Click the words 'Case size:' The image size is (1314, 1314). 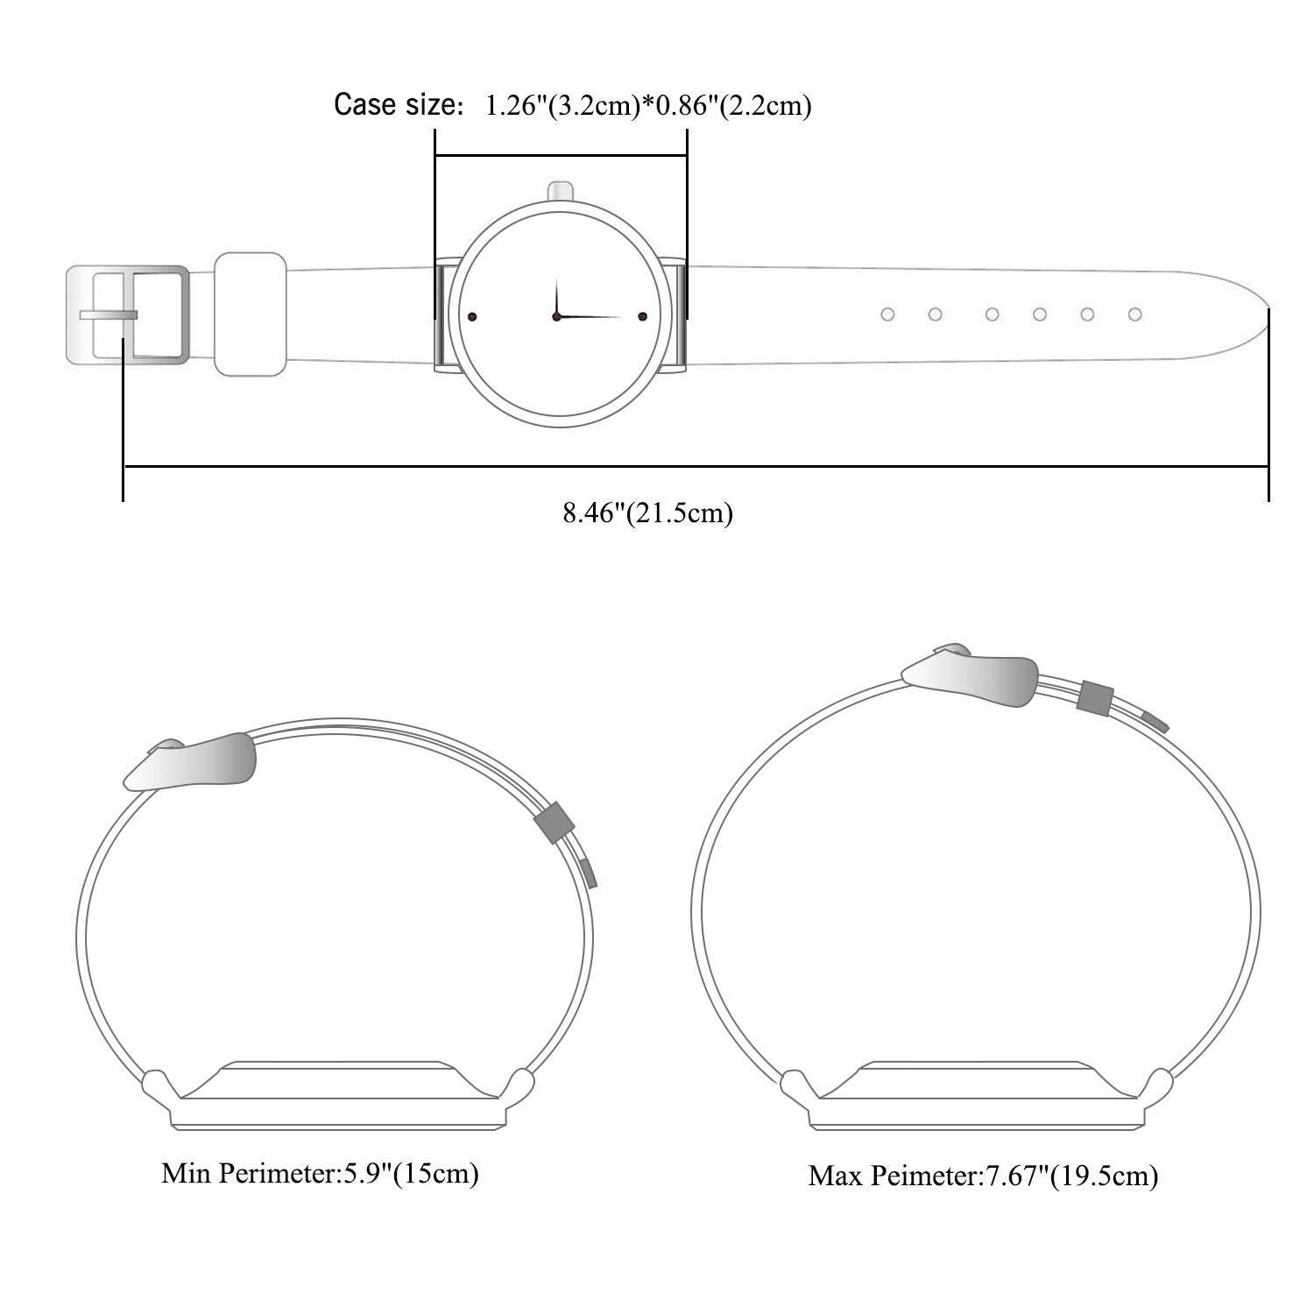399,106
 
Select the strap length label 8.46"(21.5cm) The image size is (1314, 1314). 648,512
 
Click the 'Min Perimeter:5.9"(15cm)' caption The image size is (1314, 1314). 320,1173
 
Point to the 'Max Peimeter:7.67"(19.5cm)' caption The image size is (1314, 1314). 983,1175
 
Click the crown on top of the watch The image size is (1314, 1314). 560,191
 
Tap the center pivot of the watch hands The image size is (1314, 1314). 556,315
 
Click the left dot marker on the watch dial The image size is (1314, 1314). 471,315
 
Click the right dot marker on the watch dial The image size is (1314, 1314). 642,315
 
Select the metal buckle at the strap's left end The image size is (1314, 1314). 128,314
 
